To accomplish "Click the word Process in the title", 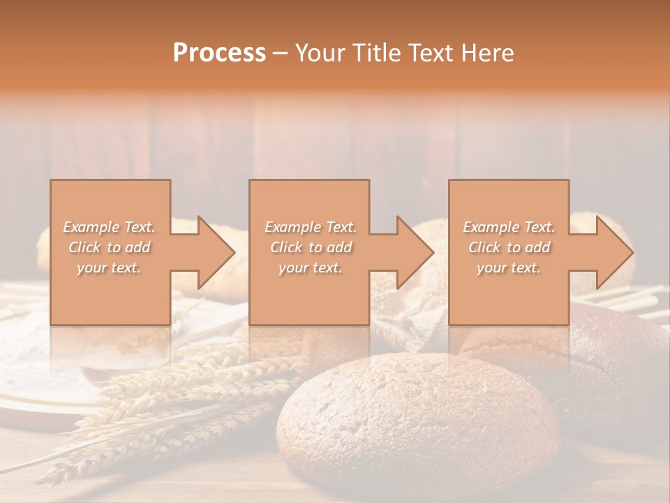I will [219, 53].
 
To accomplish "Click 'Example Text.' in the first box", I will [110, 227].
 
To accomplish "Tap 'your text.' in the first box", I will [110, 268].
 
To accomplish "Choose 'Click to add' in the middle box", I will [311, 247].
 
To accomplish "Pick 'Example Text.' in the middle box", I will [311, 227].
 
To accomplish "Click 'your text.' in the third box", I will [509, 268].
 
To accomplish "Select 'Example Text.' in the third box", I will [509, 227].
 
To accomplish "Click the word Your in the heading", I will [320, 53].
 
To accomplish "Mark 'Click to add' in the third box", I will [509, 247].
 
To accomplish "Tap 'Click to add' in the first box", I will [110, 247].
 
